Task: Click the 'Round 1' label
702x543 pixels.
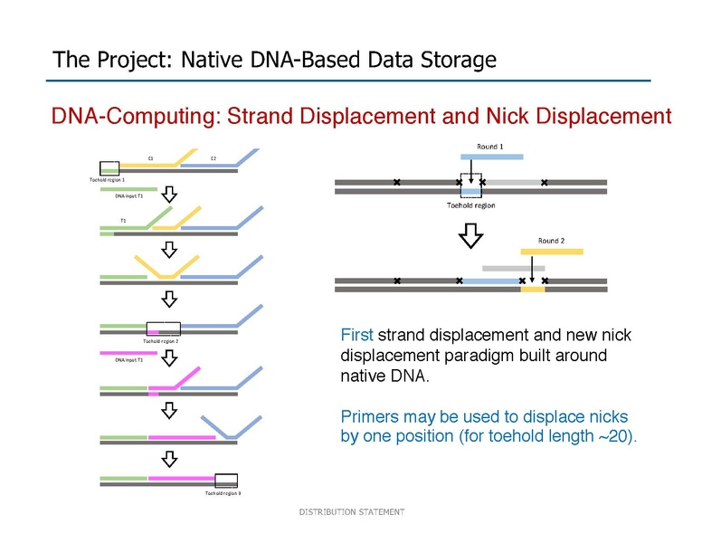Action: pyautogui.click(x=489, y=147)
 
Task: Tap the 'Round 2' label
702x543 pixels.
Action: pyautogui.click(x=551, y=241)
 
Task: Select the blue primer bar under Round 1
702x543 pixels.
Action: pyautogui.click(x=491, y=157)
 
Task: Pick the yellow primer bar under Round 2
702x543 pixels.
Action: pyautogui.click(x=551, y=251)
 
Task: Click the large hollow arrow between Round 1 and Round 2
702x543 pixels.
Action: pyautogui.click(x=471, y=233)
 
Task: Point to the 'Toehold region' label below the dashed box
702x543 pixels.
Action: pyautogui.click(x=471, y=205)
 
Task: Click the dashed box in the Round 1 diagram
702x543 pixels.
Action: pyautogui.click(x=471, y=184)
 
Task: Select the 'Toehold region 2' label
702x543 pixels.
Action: pyautogui.click(x=161, y=341)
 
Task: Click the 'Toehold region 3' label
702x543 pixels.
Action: pyautogui.click(x=222, y=493)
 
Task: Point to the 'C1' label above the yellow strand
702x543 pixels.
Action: pyautogui.click(x=150, y=158)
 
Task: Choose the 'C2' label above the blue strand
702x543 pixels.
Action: pyautogui.click(x=213, y=158)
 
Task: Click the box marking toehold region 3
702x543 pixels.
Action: pyautogui.click(x=226, y=480)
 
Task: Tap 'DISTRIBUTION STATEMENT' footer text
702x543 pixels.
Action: pyautogui.click(x=352, y=512)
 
